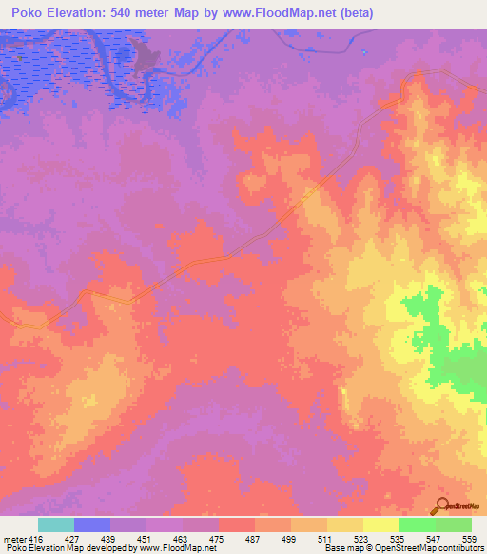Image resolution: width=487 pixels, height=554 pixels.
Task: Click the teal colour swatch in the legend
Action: pos(56,524)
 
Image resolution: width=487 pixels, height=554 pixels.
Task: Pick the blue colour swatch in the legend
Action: pos(92,524)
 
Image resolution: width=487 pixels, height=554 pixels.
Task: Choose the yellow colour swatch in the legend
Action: pos(381,524)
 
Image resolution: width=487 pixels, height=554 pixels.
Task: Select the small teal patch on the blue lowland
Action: pos(18,55)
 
